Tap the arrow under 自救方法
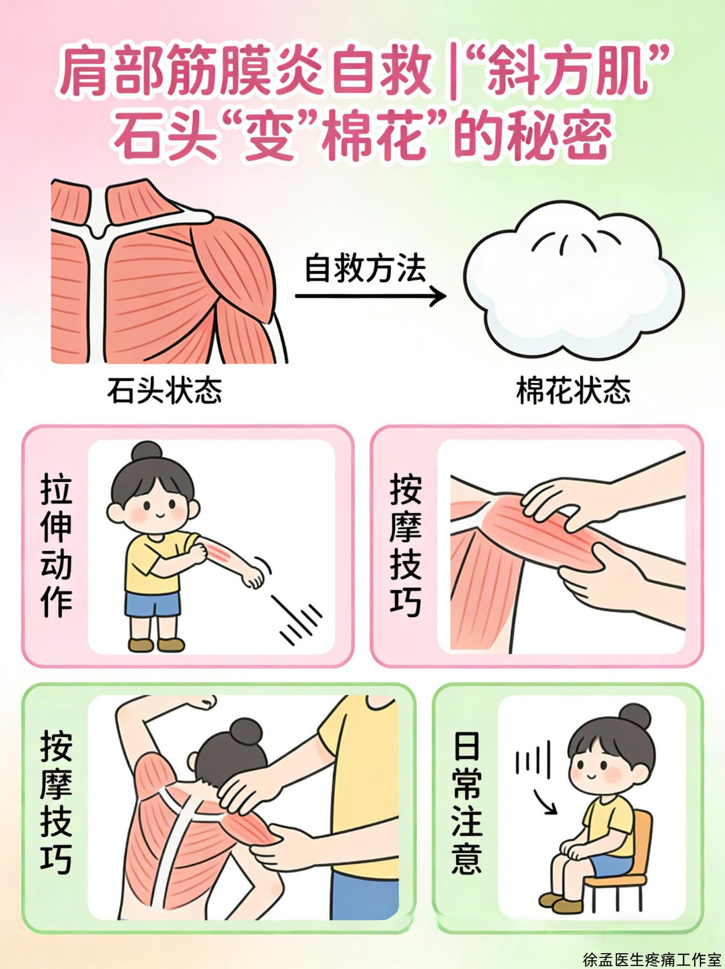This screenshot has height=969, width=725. (x=371, y=295)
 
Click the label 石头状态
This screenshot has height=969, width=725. (x=164, y=391)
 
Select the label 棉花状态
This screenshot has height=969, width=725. (x=573, y=391)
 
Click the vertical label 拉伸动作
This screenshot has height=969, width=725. (x=57, y=545)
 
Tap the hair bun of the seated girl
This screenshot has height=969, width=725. (x=635, y=716)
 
